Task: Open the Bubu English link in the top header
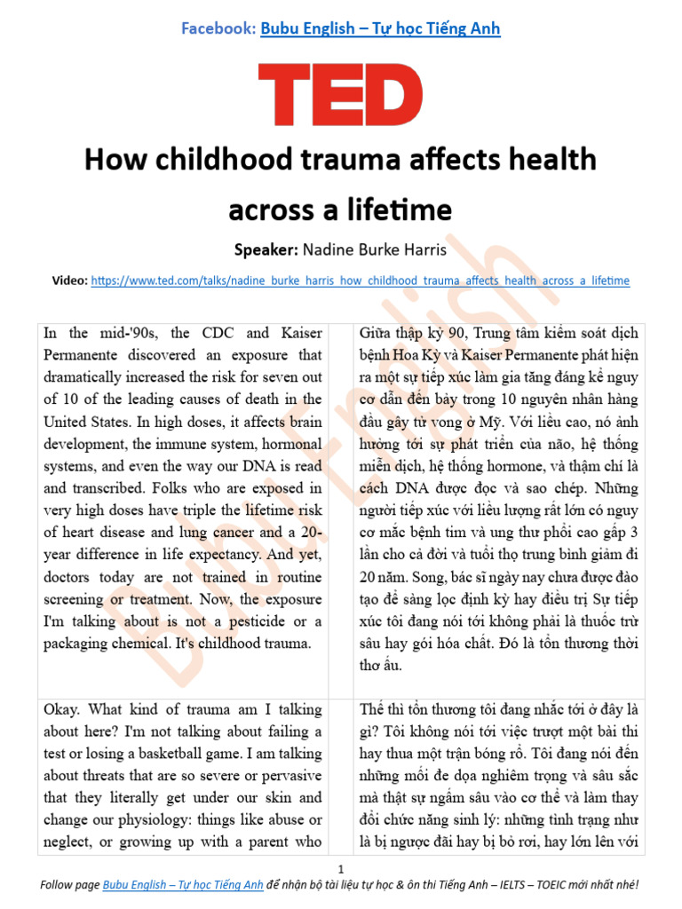pyautogui.click(x=380, y=28)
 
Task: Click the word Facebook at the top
pyautogui.click(x=218, y=28)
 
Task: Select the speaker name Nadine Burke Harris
pyautogui.click(x=378, y=250)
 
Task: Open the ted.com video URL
pyautogui.click(x=360, y=281)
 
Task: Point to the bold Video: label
pyautogui.click(x=70, y=281)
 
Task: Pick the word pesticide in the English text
pyautogui.click(x=248, y=621)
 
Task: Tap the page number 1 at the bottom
pyautogui.click(x=341, y=869)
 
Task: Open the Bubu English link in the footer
pyautogui.click(x=183, y=885)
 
